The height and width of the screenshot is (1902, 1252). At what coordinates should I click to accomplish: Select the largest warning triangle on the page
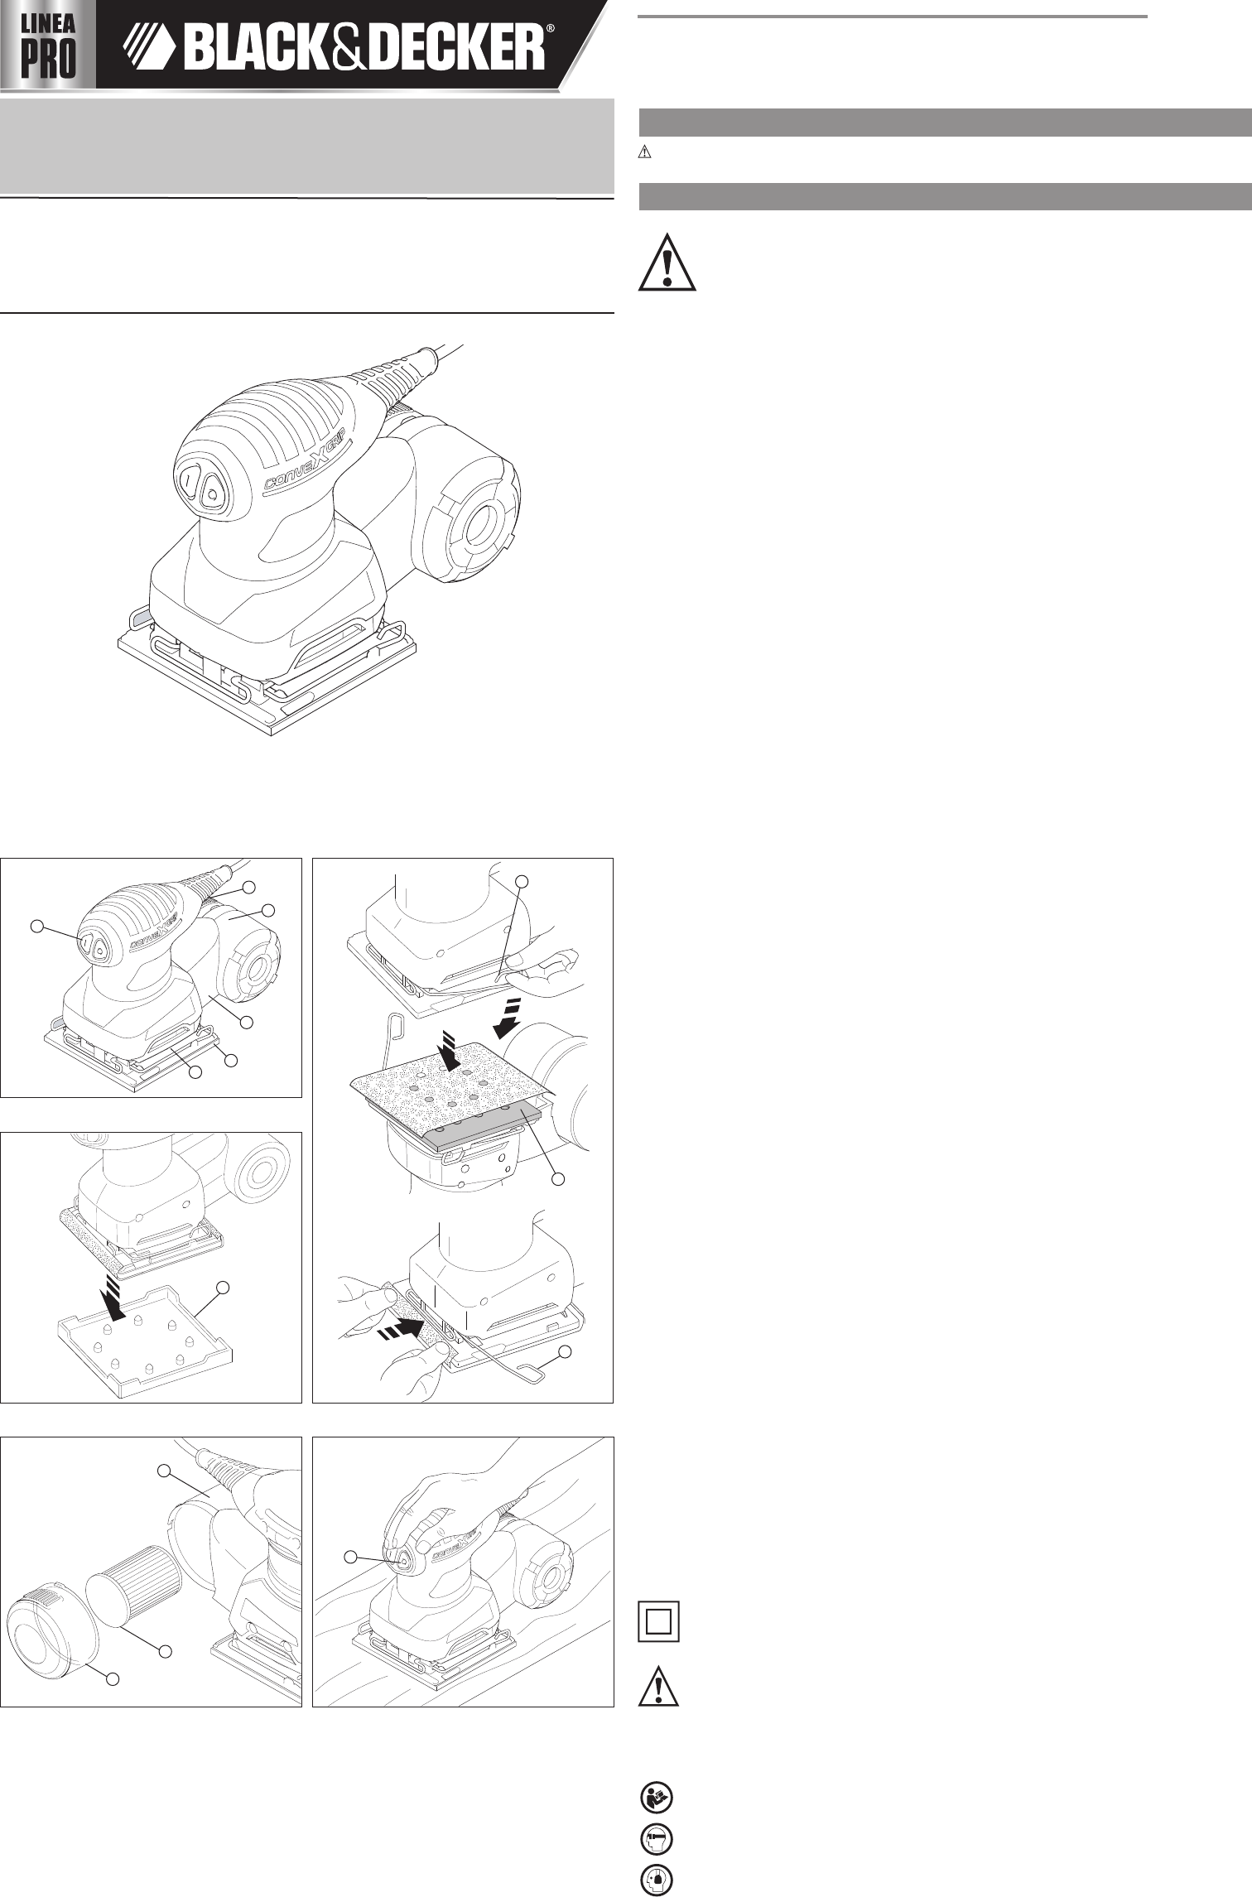(667, 262)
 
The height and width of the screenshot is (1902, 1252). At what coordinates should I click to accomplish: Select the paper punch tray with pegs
(144, 1339)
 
